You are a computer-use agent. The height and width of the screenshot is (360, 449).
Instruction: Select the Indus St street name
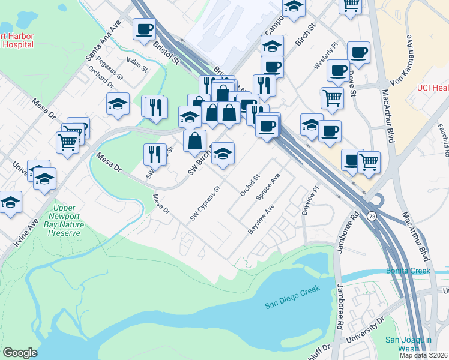[x=137, y=64]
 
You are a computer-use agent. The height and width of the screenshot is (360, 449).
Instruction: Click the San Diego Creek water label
[x=292, y=296]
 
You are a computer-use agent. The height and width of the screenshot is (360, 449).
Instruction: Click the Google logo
[x=20, y=353]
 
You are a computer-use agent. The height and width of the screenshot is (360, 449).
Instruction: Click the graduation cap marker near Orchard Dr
[x=118, y=104]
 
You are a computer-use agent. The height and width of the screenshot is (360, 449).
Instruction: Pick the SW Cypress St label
[x=206, y=203]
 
